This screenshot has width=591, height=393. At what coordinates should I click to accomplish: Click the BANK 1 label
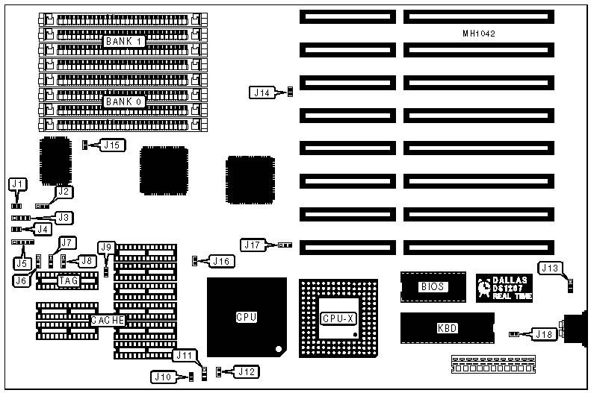123,41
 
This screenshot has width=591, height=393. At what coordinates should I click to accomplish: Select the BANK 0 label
123,98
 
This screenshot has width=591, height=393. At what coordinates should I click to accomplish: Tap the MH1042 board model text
479,34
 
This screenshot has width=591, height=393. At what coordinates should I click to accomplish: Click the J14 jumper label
261,92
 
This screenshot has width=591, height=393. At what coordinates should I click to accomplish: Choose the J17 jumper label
252,245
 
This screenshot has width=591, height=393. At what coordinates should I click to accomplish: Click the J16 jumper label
222,261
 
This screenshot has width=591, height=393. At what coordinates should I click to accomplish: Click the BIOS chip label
433,286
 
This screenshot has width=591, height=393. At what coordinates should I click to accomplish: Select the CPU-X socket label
339,318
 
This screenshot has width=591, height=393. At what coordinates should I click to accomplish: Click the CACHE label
107,320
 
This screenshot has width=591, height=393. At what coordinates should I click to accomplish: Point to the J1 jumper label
19,183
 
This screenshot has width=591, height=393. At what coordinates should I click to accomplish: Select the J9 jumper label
107,247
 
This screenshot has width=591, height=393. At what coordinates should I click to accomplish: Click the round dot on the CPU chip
277,348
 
